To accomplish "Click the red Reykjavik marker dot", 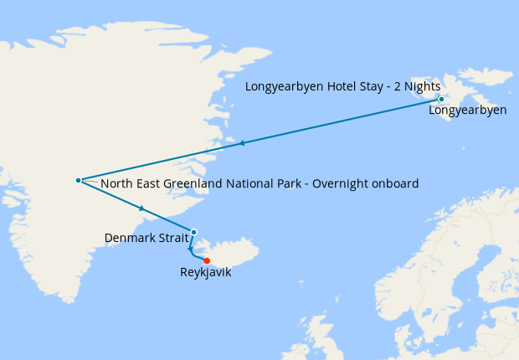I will tap(207, 260).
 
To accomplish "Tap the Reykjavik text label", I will tap(205, 273).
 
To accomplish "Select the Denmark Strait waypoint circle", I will tap(193, 232).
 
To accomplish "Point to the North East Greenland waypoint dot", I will tap(78, 180).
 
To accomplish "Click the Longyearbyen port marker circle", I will tap(441, 100).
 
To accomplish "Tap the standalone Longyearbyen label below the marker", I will tap(467, 111).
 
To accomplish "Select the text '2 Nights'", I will tap(417, 86).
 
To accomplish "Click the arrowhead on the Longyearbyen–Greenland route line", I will tap(242, 143).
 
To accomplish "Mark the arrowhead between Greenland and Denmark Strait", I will tap(142, 208).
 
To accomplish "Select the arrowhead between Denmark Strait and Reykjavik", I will tap(191, 249).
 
